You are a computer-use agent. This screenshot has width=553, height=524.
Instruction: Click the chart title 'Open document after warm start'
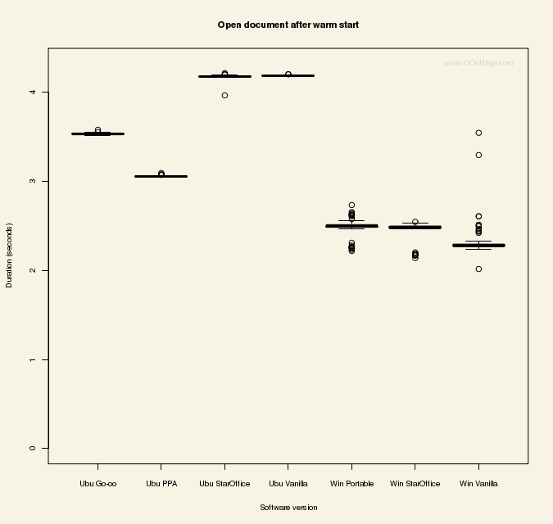[x=288, y=25]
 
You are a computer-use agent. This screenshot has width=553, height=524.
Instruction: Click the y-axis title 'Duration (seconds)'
[x=10, y=255]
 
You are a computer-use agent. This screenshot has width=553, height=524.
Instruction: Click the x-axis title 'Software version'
[x=288, y=508]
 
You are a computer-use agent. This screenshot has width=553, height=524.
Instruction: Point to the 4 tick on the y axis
[x=32, y=92]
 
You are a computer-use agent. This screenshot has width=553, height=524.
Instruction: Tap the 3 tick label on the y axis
[x=32, y=181]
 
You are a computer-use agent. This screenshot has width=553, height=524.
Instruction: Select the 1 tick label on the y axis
[x=32, y=359]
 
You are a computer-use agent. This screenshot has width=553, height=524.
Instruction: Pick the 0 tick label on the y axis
[x=32, y=449]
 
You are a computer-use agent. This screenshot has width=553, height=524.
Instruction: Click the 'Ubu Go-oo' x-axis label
[x=98, y=484]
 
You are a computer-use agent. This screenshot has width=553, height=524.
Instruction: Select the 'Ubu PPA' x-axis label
[x=161, y=484]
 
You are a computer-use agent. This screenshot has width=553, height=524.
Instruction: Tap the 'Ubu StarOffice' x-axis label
[x=224, y=484]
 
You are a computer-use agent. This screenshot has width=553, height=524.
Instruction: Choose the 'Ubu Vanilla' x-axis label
[x=288, y=484]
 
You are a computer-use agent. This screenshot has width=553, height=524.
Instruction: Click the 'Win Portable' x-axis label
[x=351, y=484]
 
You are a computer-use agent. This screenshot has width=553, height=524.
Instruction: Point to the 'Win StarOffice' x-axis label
[x=415, y=484]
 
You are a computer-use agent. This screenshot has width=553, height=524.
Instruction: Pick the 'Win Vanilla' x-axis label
[x=478, y=484]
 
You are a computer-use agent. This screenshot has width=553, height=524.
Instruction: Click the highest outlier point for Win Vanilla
[x=478, y=133]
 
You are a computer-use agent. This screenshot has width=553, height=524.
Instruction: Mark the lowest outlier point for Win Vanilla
[x=478, y=269]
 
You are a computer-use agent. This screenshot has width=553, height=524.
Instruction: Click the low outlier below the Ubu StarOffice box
[x=224, y=96]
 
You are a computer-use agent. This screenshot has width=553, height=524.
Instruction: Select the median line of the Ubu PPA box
[x=161, y=176]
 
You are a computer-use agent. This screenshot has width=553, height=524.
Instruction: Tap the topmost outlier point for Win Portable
[x=351, y=206]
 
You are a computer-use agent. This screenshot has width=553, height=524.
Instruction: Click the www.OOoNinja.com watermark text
[x=478, y=63]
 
